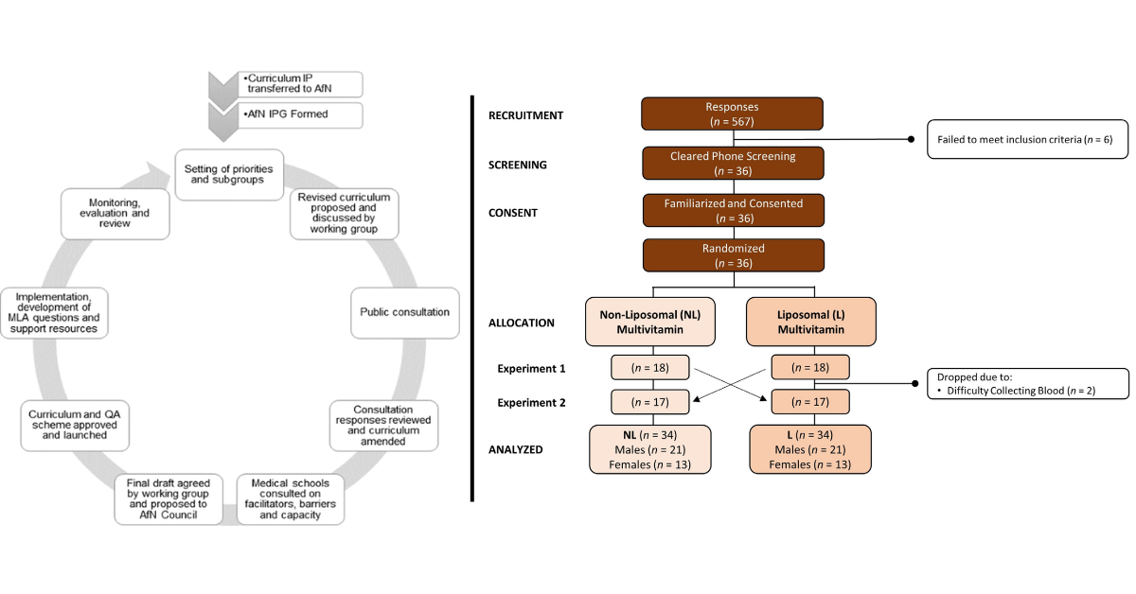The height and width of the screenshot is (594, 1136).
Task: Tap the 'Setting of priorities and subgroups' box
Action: pyautogui.click(x=227, y=173)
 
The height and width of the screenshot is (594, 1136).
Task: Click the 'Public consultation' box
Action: pyautogui.click(x=404, y=311)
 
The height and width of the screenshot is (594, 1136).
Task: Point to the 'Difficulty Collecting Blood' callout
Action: pyautogui.click(x=1027, y=384)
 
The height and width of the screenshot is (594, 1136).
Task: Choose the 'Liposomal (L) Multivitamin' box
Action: pyautogui.click(x=810, y=323)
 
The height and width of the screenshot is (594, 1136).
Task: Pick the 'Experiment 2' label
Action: pyautogui.click(x=533, y=402)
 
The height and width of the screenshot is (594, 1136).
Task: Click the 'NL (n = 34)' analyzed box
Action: pyautogui.click(x=648, y=449)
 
